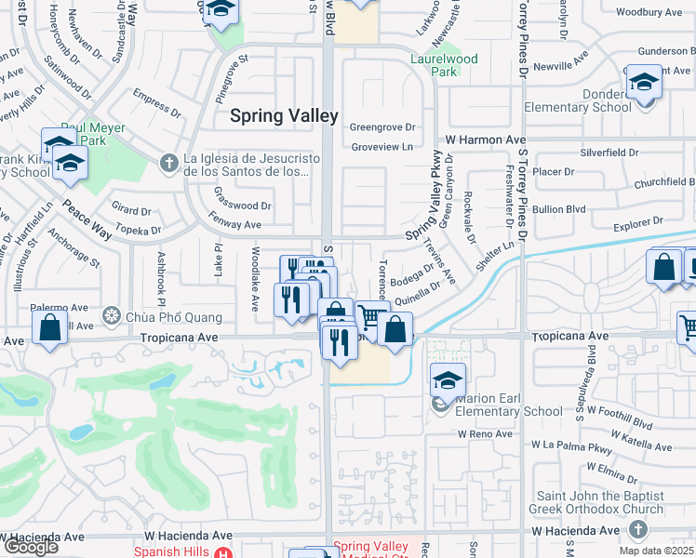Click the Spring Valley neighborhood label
[285, 116]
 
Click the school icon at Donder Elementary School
[643, 83]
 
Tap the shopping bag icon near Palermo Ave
[49, 327]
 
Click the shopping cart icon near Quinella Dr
[371, 318]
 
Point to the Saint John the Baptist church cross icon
[637, 528]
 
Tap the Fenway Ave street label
[237, 224]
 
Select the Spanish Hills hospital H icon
[222, 553]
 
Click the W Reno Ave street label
[485, 433]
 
